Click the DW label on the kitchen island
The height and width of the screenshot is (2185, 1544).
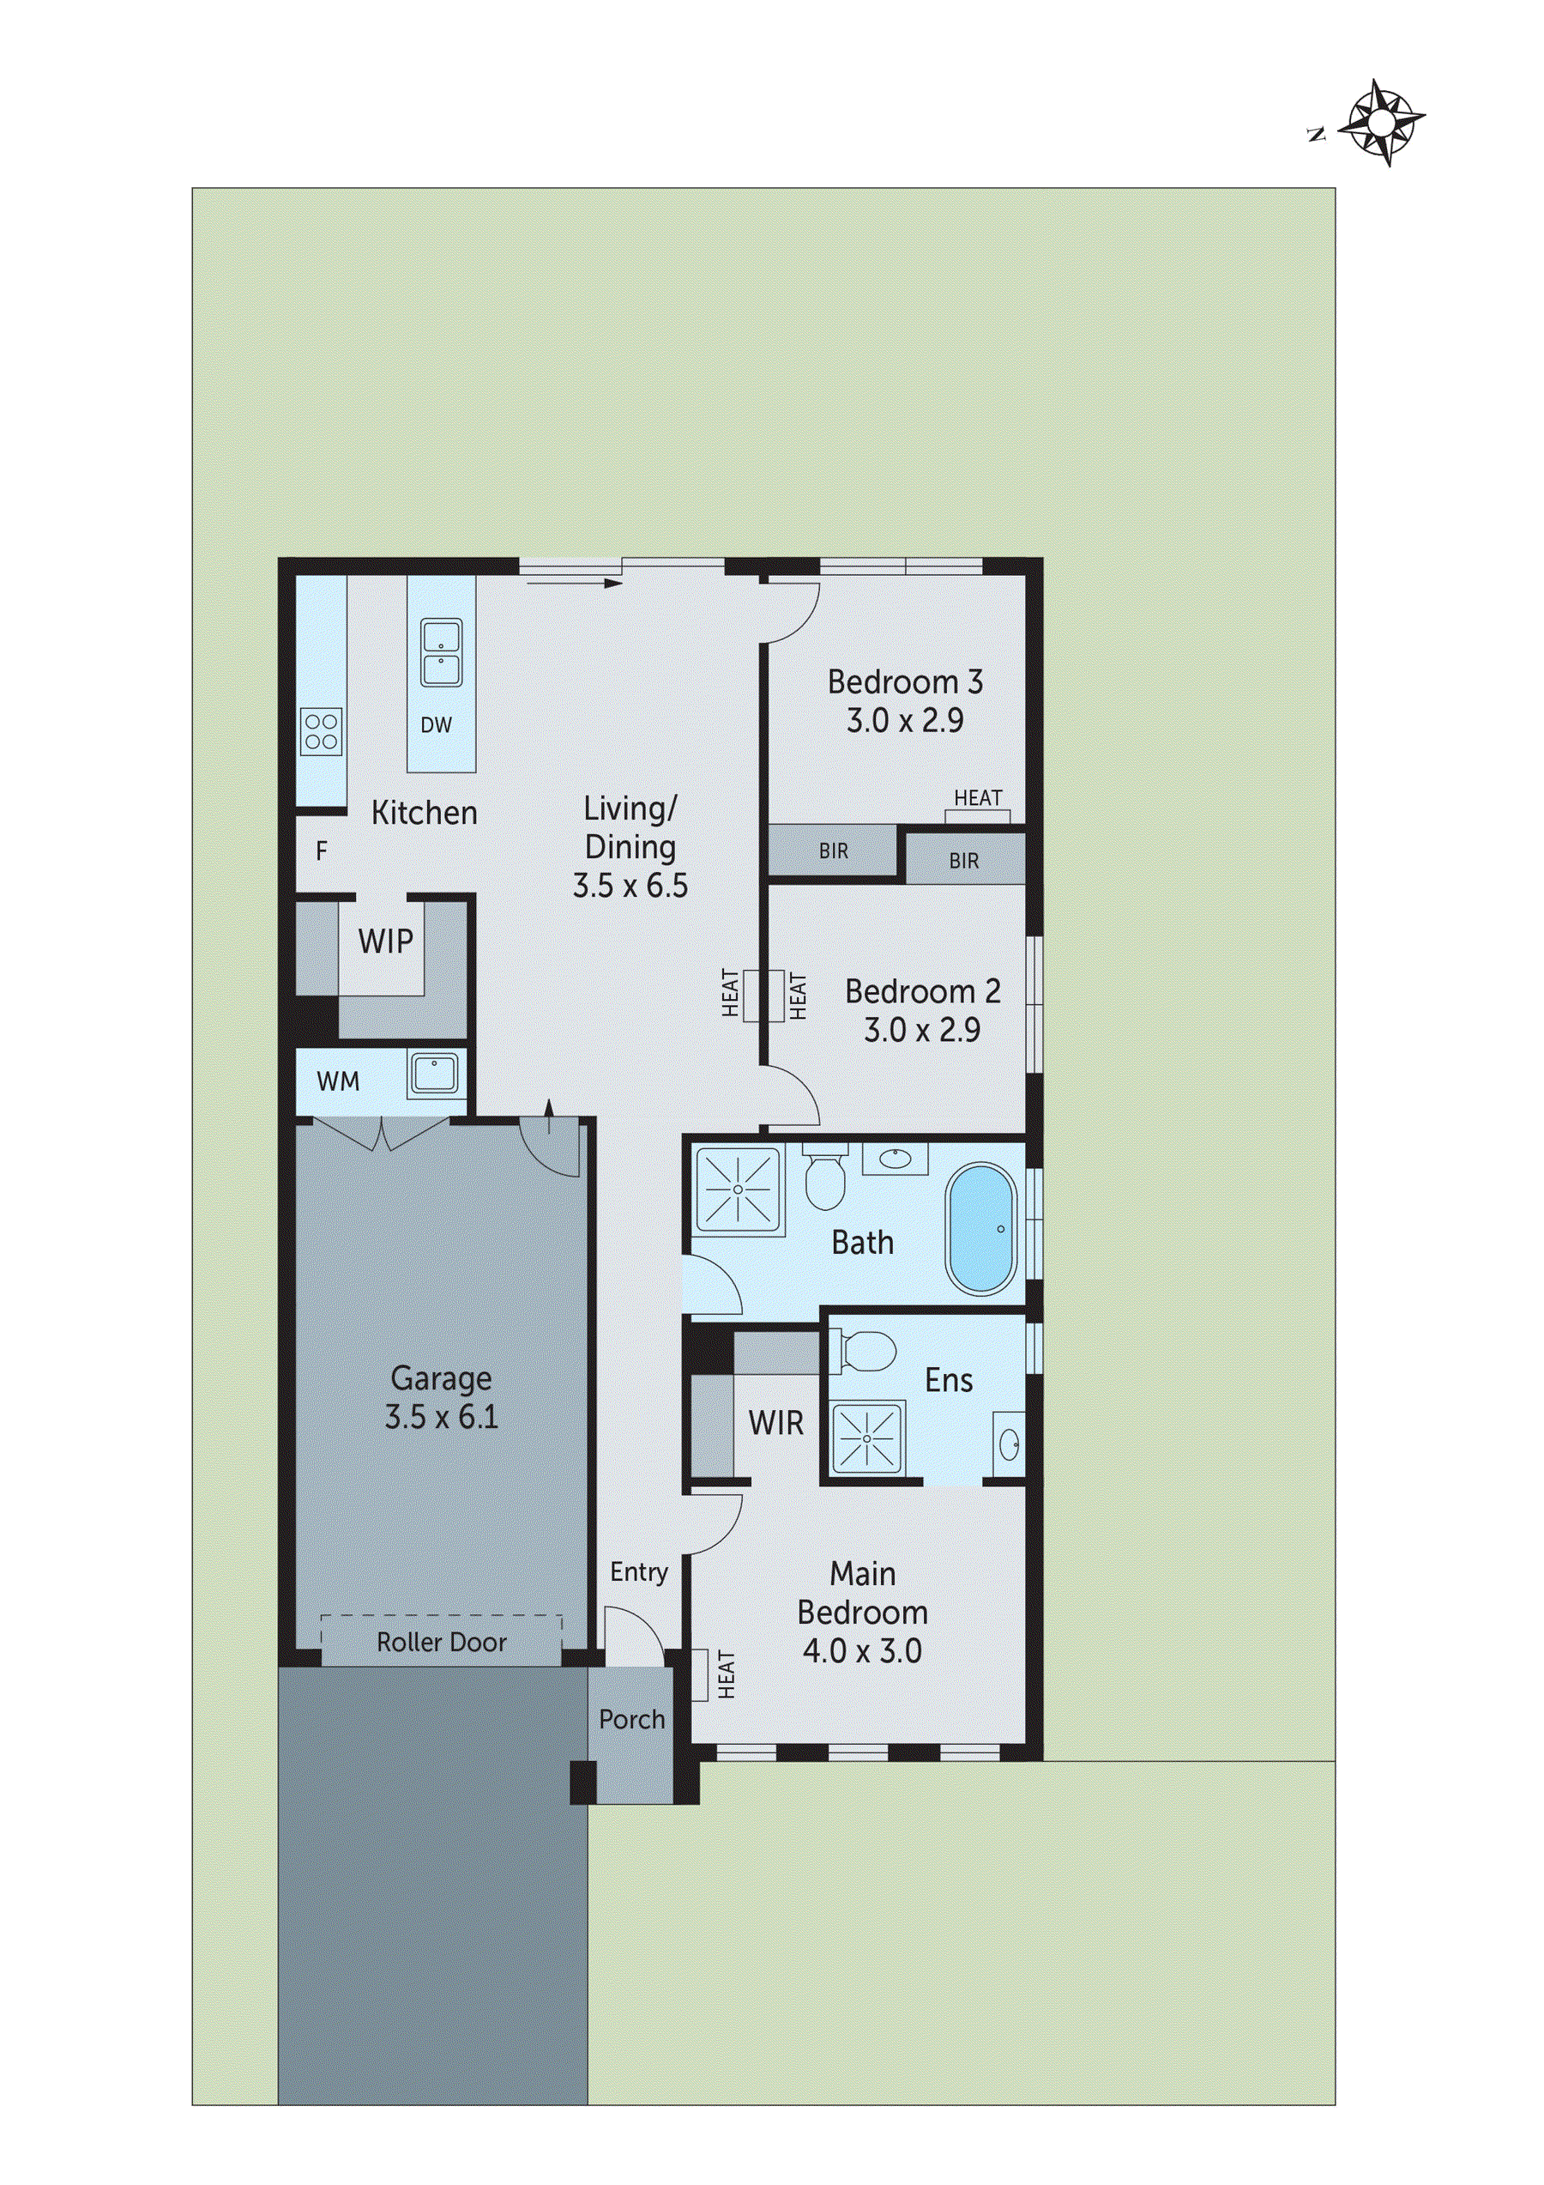pos(437,725)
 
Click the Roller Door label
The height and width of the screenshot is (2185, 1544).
pos(442,1643)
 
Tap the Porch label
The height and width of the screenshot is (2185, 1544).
pos(631,1720)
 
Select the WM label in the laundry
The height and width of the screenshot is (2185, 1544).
pos(338,1082)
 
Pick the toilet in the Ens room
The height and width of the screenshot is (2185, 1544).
pos(865,1352)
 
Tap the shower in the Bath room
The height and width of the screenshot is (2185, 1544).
pos(739,1189)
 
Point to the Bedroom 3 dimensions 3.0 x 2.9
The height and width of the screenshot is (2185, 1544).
pos(905,720)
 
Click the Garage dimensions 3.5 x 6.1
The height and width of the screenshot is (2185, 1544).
pos(442,1417)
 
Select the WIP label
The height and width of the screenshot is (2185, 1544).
pos(385,942)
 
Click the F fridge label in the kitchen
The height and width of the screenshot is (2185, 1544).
pos(322,850)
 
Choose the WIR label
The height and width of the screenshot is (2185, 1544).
pos(775,1424)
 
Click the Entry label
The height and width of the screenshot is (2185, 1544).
pos(638,1572)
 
